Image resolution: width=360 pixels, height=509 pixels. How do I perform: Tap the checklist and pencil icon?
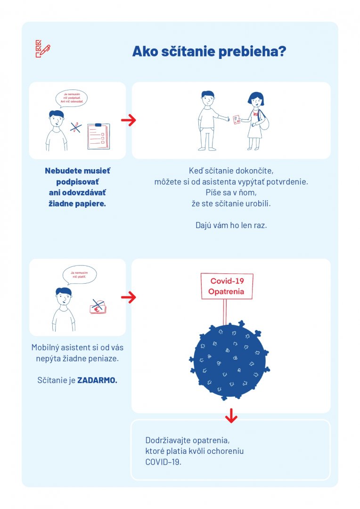click(42, 49)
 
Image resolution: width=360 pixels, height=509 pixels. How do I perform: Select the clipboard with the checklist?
click(98, 136)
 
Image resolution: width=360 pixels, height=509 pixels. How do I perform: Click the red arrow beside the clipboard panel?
click(128, 120)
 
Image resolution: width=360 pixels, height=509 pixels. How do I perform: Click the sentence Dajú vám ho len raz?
click(231, 225)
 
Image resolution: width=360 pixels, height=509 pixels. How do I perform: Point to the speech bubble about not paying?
click(79, 275)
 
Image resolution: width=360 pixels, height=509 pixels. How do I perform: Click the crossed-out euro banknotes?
click(98, 307)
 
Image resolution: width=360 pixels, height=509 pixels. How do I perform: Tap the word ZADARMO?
click(98, 380)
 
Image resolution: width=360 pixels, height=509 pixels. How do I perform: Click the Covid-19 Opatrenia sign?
click(227, 286)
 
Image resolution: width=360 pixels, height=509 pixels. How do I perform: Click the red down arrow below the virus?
click(230, 415)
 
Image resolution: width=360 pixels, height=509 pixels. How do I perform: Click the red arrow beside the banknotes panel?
click(128, 297)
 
